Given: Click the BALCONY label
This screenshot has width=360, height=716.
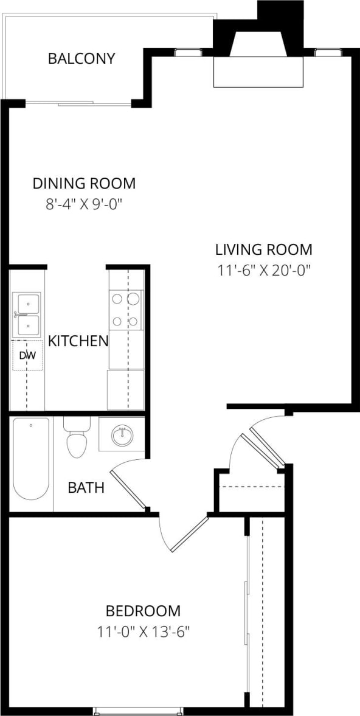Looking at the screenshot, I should click(x=81, y=59).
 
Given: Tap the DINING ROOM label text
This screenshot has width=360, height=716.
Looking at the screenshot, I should click(x=84, y=184).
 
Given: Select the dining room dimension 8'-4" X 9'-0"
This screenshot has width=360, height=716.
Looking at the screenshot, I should click(x=84, y=204).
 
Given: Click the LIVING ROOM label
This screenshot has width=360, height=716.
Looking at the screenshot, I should click(x=263, y=249).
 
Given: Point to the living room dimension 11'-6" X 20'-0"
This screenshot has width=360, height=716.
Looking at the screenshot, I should click(x=264, y=270).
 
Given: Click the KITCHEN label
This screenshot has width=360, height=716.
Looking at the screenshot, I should click(x=78, y=341).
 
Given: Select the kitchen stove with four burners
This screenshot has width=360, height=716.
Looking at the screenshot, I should click(x=126, y=310).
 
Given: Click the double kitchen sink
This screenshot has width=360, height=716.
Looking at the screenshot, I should click(x=27, y=313).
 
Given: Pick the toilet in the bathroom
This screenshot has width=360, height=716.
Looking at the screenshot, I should click(x=77, y=439).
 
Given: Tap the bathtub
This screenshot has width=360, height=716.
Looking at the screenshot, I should click(x=30, y=459).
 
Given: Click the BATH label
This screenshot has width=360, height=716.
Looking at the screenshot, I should click(x=86, y=487).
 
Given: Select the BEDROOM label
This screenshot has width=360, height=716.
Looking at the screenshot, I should click(x=143, y=611).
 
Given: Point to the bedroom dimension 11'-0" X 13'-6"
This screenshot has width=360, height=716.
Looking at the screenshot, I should click(x=144, y=631).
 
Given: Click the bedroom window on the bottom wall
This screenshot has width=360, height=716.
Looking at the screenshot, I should click(x=138, y=710).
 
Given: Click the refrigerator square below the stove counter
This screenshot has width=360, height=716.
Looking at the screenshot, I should click(x=126, y=389).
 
